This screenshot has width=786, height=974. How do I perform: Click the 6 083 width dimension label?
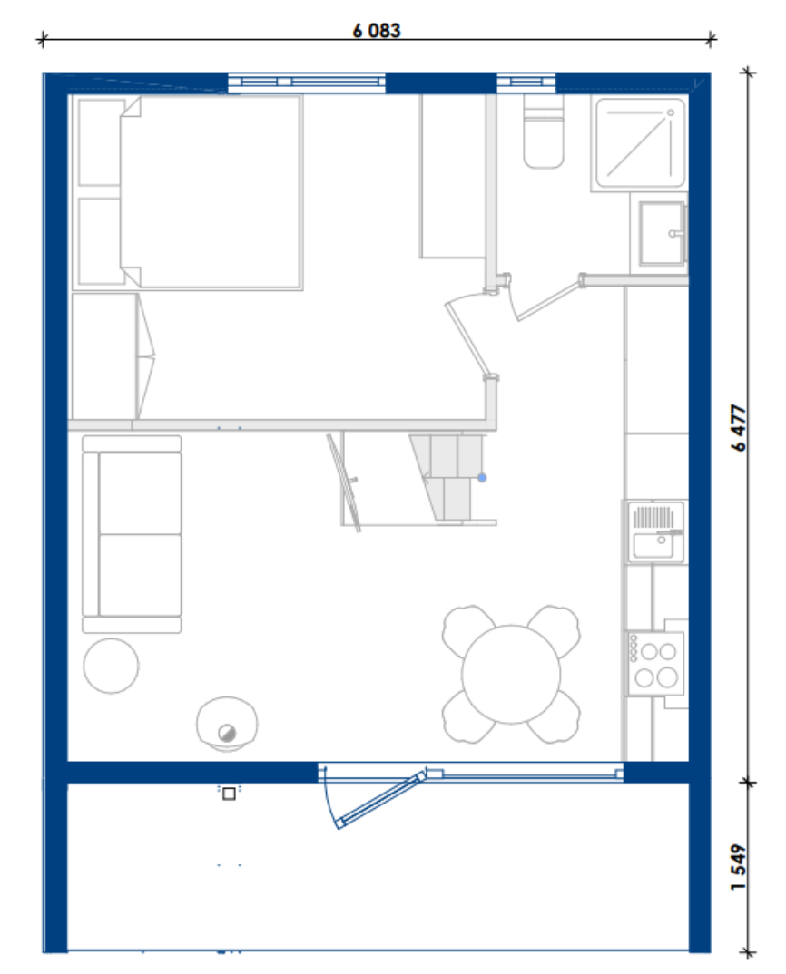tap(377, 31)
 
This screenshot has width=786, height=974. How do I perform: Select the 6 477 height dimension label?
tap(738, 428)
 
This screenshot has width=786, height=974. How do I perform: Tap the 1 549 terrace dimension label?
tap(738, 867)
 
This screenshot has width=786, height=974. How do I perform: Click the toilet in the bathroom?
tap(544, 131)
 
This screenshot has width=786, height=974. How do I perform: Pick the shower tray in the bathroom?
tap(640, 143)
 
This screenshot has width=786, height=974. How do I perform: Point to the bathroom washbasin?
tap(663, 233)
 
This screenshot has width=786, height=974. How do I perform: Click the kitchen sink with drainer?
tap(656, 532)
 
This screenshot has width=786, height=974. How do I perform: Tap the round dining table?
tap(510, 674)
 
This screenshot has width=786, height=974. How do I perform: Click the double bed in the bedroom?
tap(211, 192)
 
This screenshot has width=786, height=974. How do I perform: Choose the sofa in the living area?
tap(132, 534)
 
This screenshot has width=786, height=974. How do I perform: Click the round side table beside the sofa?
tap(112, 666)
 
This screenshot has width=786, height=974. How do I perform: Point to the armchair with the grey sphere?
tap(227, 724)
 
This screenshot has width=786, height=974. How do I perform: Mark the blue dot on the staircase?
tap(482, 478)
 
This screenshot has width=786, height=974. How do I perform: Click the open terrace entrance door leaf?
tap(380, 800)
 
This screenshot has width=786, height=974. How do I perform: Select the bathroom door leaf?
tap(548, 301)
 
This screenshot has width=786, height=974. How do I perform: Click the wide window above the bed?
tap(307, 82)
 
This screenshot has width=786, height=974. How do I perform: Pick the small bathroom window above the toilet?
tap(526, 82)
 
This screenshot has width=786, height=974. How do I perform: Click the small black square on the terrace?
tap(229, 794)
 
